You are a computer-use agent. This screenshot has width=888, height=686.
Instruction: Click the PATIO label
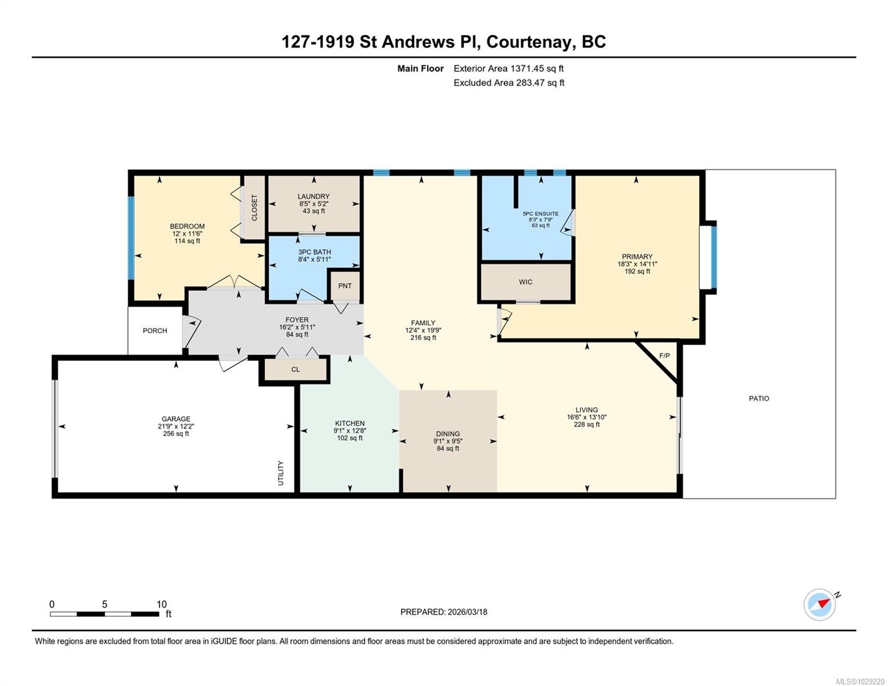[758, 398]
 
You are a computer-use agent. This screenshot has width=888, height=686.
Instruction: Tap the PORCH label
[155, 330]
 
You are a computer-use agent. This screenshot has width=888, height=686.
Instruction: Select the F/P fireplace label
[664, 356]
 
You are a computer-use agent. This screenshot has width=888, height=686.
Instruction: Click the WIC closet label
[525, 282]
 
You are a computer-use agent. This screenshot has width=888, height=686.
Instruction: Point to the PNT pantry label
[345, 286]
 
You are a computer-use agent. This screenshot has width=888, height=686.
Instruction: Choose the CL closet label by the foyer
[296, 369]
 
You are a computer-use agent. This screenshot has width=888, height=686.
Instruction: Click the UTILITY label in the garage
[281, 473]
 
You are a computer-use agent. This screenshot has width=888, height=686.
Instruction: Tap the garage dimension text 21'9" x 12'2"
[176, 426]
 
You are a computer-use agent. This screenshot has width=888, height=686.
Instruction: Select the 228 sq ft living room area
[587, 425]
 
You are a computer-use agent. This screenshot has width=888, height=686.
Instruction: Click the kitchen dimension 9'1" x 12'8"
[350, 430]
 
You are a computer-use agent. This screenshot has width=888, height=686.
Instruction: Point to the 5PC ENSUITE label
[541, 214]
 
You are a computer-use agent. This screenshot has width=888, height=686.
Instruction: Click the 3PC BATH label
[314, 252]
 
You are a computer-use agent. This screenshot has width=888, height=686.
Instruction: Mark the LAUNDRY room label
[313, 197]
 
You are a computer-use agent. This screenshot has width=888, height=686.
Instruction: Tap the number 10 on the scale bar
[162, 604]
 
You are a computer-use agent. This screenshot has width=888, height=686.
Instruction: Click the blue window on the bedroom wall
[132, 238]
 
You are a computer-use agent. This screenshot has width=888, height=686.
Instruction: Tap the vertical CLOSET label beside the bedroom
[254, 208]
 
